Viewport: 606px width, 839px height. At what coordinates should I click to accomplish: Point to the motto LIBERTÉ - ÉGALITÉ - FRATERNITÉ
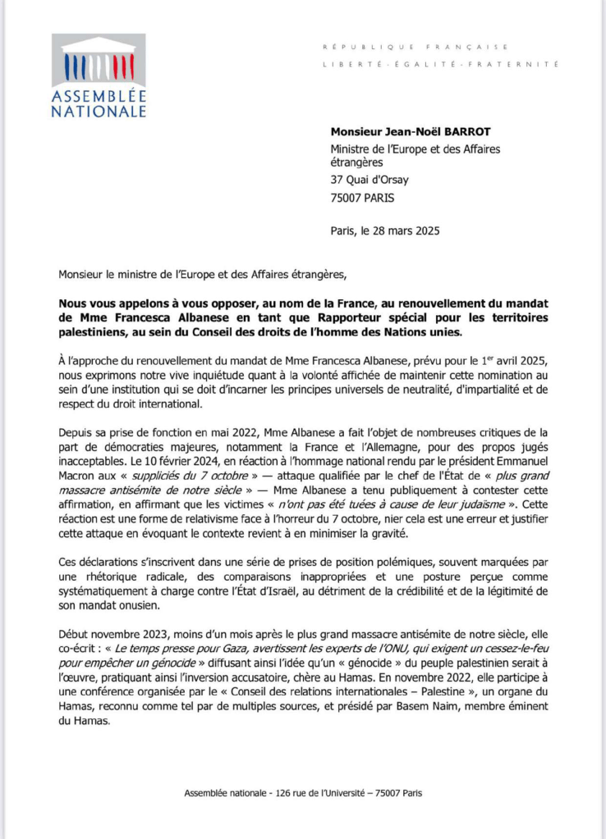click(440, 64)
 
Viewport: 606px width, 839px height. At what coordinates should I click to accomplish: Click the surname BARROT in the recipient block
click(453, 131)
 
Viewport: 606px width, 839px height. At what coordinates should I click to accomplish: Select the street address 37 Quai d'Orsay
click(370, 180)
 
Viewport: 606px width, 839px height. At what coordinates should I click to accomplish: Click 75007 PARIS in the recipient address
click(366, 198)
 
